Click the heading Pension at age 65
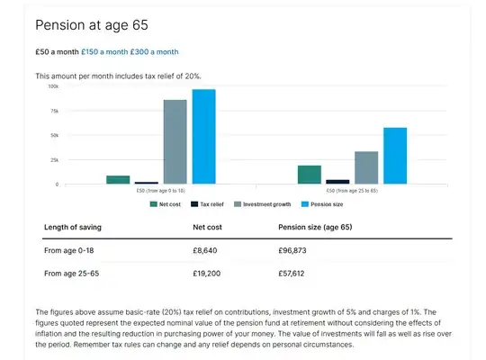click(91, 24)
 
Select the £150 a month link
click(105, 52)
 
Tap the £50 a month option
click(57, 52)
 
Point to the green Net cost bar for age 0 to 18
click(118, 180)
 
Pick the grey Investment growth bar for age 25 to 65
click(366, 167)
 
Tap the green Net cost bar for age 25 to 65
click(310, 175)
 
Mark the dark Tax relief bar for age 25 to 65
click(337, 182)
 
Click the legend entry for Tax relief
click(211, 204)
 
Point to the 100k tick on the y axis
click(53, 87)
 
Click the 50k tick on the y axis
click(53, 136)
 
